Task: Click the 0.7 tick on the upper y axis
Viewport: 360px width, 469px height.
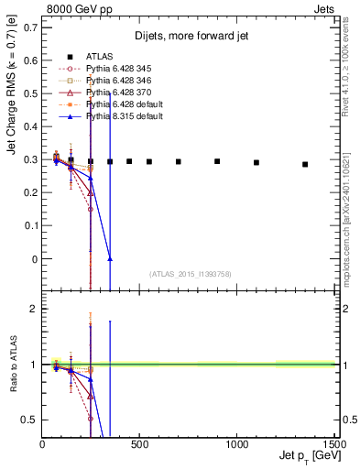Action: pyautogui.click(x=30, y=27)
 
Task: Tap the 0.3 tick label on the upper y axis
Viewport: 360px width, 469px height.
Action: pyautogui.click(x=30, y=160)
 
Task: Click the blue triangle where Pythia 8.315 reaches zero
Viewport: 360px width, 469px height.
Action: pyautogui.click(x=110, y=259)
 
